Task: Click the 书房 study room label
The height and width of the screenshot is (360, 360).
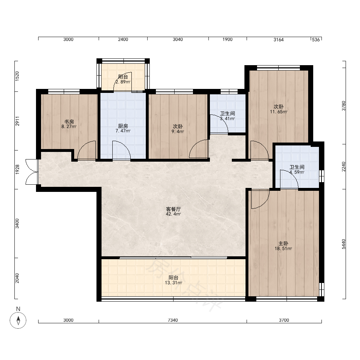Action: (x=69, y=122)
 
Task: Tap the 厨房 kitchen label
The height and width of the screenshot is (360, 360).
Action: (x=123, y=126)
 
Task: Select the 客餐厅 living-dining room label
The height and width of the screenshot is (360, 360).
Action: (x=174, y=209)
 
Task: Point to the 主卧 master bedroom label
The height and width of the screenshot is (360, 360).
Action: (x=283, y=243)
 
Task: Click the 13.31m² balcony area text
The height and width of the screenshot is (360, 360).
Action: (x=174, y=283)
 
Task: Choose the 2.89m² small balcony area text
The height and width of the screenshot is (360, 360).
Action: (x=123, y=82)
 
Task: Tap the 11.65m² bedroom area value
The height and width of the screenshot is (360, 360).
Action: (x=279, y=112)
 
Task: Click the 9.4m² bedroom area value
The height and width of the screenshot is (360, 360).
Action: (x=178, y=131)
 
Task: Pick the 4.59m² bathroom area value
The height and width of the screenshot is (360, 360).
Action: (x=297, y=172)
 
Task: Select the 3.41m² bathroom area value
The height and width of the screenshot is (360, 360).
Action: (x=227, y=119)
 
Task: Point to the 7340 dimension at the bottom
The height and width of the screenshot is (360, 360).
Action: (x=173, y=320)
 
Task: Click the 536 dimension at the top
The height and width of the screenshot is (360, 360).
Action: (x=316, y=40)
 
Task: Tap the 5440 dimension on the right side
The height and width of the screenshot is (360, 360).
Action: (x=343, y=244)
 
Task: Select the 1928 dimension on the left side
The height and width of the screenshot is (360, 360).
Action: (x=17, y=170)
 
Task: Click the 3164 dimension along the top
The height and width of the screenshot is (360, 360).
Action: (x=279, y=40)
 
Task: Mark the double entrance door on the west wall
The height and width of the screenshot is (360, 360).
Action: (x=32, y=172)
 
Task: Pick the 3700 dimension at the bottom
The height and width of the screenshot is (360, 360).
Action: (x=284, y=320)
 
